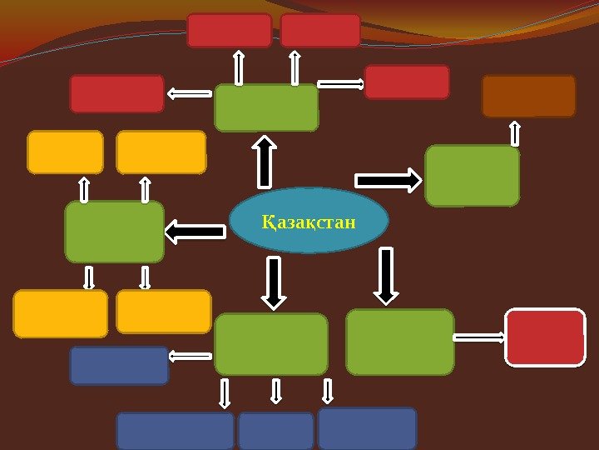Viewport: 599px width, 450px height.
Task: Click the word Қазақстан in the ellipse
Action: point(309,223)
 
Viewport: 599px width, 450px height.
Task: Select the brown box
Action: point(528,96)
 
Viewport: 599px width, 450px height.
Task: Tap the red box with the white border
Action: point(545,337)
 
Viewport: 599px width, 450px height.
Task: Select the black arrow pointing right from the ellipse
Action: point(389,179)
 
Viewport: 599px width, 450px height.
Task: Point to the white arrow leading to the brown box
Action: point(515,133)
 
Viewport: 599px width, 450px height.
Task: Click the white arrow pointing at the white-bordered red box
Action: point(480,337)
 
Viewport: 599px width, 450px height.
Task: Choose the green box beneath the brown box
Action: point(472,175)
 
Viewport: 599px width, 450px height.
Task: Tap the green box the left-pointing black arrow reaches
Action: point(115,231)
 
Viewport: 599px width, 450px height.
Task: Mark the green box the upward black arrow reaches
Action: point(266,107)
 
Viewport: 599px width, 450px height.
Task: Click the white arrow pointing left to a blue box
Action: point(191,357)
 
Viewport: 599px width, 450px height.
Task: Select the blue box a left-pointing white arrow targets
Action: point(119,365)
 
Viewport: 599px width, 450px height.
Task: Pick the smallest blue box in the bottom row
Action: point(275,431)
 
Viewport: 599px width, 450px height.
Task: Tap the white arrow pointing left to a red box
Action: point(190,94)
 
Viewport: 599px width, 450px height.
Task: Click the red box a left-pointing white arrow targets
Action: point(116,93)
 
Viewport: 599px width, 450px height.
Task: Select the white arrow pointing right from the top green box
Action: point(341,83)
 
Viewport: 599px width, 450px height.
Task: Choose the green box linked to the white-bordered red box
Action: point(399,342)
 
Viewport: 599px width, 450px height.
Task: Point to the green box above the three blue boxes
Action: point(271,343)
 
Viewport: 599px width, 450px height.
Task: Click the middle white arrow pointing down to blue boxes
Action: point(276,392)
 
